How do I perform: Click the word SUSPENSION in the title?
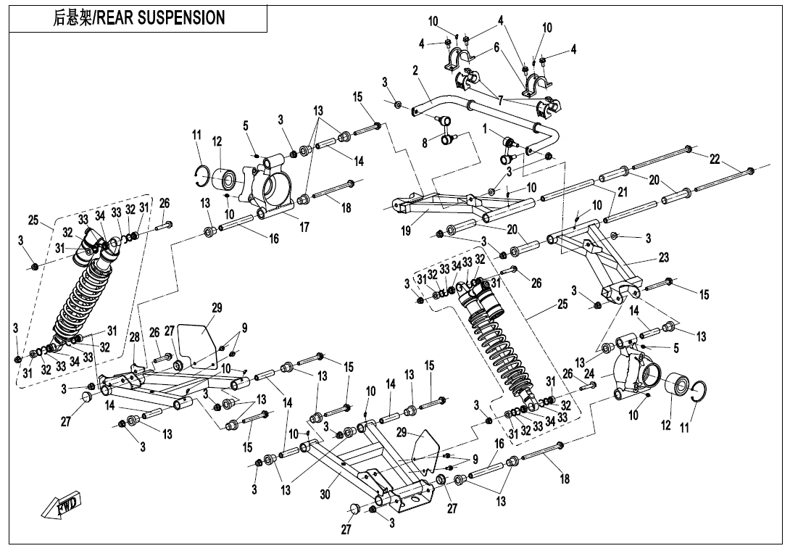click(x=181, y=18)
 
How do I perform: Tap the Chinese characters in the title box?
click(x=72, y=18)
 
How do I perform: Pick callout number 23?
click(x=664, y=257)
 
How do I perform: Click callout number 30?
click(x=326, y=495)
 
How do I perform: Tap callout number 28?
click(x=135, y=338)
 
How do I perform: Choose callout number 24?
click(x=589, y=374)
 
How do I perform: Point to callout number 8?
click(x=425, y=144)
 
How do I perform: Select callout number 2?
click(x=415, y=70)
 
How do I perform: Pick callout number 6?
click(x=496, y=47)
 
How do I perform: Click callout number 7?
click(x=500, y=99)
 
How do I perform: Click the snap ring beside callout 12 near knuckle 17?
click(x=204, y=175)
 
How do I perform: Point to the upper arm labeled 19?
click(x=435, y=207)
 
